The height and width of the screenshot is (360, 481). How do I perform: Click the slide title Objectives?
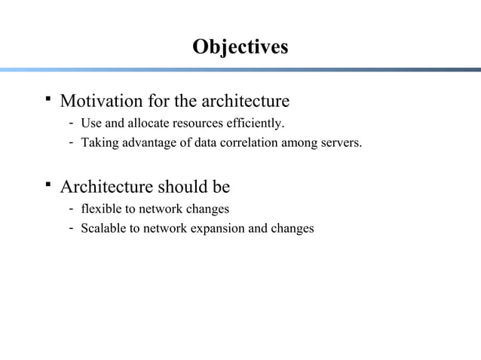pyautogui.click(x=240, y=47)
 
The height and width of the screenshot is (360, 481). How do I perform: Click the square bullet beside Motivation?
pyautogui.click(x=47, y=98)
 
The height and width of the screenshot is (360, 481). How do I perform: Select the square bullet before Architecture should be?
pyautogui.click(x=47, y=184)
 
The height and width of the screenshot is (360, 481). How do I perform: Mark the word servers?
pyautogui.click(x=340, y=142)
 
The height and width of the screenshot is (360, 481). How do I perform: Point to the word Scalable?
pyautogui.click(x=103, y=227)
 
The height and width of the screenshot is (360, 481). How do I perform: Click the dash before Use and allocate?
pyautogui.click(x=70, y=123)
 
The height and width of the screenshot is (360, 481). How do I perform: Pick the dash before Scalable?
pyautogui.click(x=70, y=227)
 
